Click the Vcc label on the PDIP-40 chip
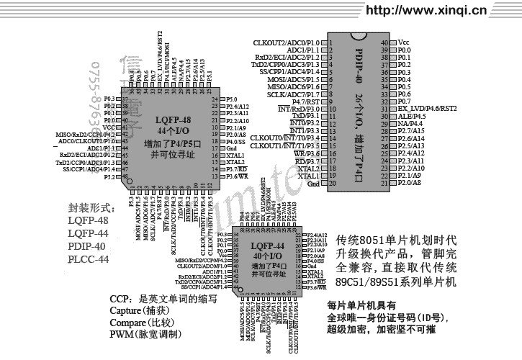404,42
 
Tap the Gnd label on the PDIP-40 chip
313,184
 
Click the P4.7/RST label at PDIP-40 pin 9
306,102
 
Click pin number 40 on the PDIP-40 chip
384,42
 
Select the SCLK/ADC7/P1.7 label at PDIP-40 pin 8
294,94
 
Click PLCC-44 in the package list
88,259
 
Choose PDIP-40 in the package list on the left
88,246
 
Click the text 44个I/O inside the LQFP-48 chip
173,132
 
